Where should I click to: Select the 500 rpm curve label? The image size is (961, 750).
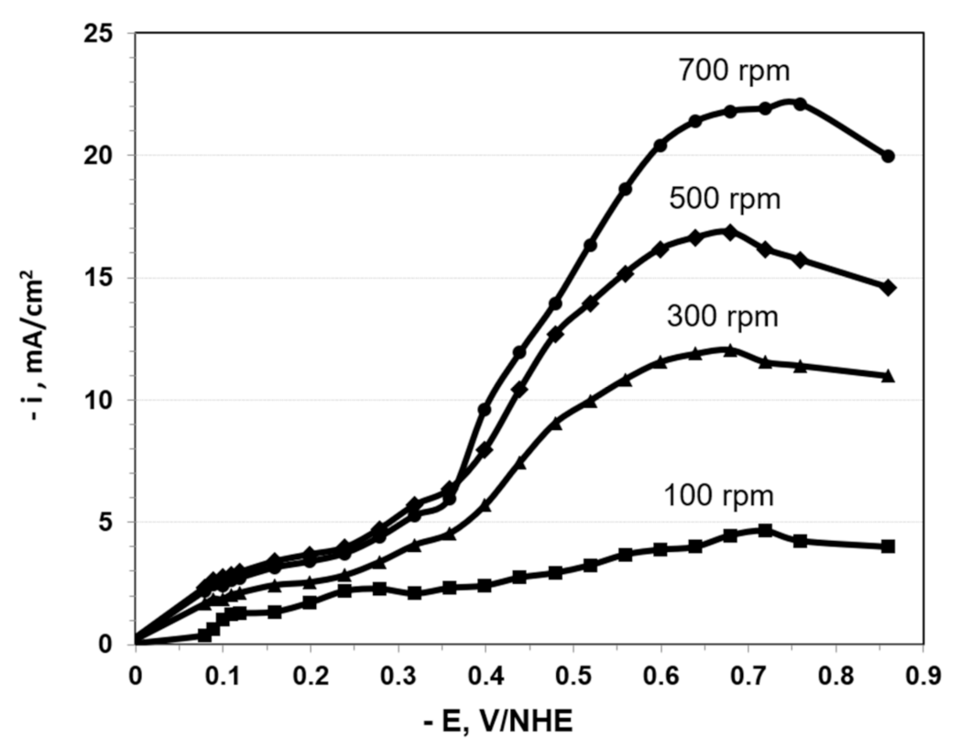click(724, 199)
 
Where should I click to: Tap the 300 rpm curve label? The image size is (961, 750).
click(722, 317)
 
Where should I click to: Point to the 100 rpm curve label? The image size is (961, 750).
click(719, 496)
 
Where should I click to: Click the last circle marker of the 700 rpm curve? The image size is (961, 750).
click(888, 156)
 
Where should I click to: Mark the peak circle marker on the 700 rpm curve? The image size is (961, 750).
click(800, 104)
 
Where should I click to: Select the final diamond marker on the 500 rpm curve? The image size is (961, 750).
click(888, 288)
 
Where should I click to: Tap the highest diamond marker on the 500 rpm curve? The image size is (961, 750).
click(730, 232)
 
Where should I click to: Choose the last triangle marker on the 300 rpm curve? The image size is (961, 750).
click(888, 375)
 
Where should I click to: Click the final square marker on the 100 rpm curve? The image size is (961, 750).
click(888, 546)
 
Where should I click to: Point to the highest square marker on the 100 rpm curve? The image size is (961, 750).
click(765, 530)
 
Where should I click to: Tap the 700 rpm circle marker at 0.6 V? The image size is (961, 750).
click(660, 145)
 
